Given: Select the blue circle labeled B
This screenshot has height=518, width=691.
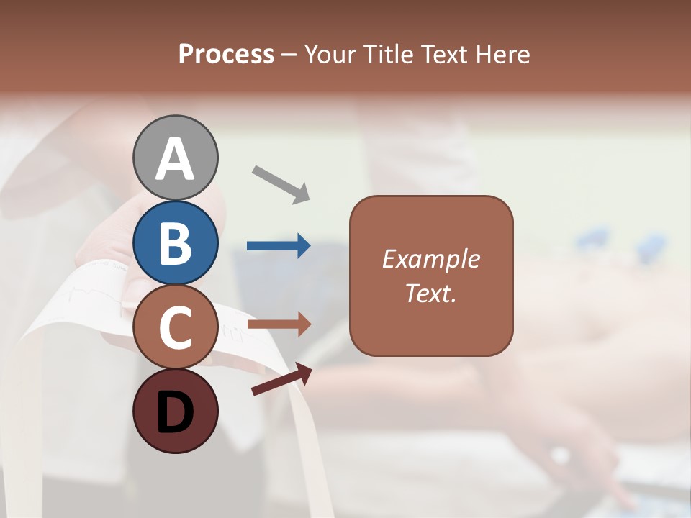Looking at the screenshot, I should [x=175, y=242].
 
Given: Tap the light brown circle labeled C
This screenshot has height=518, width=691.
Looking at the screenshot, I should [x=175, y=327].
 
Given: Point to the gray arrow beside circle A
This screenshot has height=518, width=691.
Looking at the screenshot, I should [x=281, y=183].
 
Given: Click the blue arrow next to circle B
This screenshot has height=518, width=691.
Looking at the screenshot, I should [x=279, y=246].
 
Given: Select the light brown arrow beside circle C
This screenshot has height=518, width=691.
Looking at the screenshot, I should [x=279, y=324].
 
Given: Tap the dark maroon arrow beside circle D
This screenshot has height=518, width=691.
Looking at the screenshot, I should [x=281, y=380].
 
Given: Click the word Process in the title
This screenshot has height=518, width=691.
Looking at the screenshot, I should [x=226, y=55].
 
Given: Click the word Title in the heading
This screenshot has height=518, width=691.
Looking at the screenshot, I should [x=387, y=55].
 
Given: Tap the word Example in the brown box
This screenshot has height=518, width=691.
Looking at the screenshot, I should [x=430, y=259].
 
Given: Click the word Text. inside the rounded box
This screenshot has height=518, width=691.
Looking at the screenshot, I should [x=430, y=294].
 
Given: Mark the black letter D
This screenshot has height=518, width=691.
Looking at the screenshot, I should [x=175, y=414].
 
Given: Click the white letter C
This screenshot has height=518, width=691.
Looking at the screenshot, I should [x=175, y=328].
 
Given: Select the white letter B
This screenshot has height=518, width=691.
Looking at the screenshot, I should [x=175, y=243].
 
